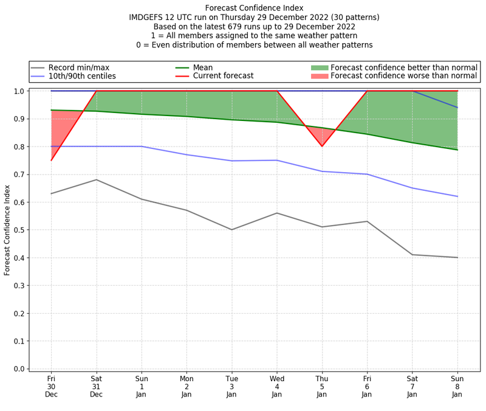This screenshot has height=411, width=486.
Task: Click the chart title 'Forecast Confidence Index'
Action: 254,8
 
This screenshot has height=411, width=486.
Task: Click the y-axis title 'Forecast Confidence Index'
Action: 7,229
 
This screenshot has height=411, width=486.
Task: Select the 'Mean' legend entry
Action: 211,67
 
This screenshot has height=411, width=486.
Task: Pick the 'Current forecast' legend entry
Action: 223,77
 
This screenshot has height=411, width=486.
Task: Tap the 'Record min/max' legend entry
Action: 79,67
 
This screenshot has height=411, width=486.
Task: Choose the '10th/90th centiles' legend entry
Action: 82,77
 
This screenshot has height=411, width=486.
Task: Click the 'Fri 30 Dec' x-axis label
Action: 51,387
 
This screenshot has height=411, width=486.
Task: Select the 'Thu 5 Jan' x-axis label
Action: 322,387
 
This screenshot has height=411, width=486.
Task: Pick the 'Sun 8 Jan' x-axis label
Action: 457,387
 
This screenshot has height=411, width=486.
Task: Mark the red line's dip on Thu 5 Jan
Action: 322,146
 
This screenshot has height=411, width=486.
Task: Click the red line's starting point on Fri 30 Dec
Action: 51,160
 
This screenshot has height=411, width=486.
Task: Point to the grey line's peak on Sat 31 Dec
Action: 96,179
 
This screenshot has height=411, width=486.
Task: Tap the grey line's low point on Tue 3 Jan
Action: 231,230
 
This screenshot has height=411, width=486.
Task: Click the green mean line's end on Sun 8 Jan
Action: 457,150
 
